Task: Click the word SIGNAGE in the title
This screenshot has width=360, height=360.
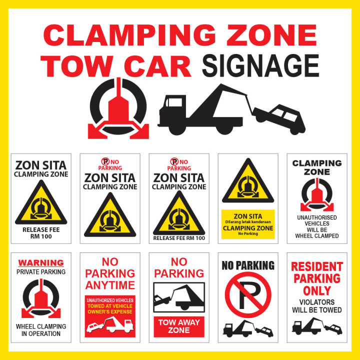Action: pyautogui.click(x=260, y=65)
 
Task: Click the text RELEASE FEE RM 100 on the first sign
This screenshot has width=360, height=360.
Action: pyautogui.click(x=41, y=233)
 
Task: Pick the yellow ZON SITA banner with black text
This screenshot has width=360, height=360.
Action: pyautogui.click(x=248, y=223)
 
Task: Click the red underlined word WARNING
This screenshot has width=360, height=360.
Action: pyautogui.click(x=41, y=262)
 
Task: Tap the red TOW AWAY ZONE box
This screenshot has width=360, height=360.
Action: pyautogui.click(x=179, y=326)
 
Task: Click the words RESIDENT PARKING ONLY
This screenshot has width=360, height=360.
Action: pyautogui.click(x=317, y=278)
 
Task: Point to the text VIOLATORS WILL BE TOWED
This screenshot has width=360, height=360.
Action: pyautogui.click(x=317, y=306)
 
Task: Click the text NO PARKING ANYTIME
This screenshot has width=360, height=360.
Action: pyautogui.click(x=110, y=274)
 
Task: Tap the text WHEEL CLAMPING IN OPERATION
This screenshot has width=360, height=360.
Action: pyautogui.click(x=41, y=330)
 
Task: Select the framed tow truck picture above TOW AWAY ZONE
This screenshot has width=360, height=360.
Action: pyautogui.click(x=179, y=297)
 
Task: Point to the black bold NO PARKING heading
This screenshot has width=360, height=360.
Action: pyautogui.click(x=248, y=265)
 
